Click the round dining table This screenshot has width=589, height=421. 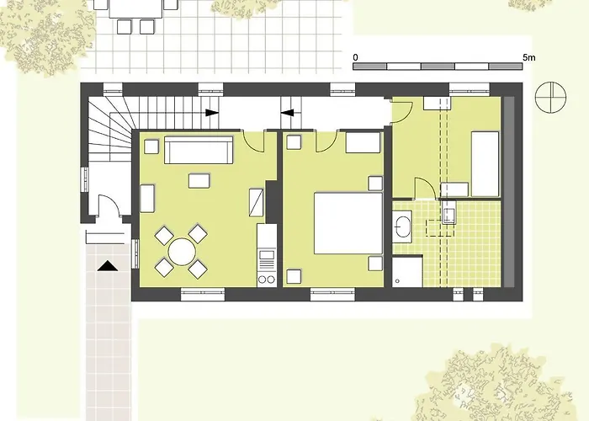click(181, 251)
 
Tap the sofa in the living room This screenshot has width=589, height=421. click(199, 151)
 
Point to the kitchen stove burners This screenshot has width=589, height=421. click(267, 275)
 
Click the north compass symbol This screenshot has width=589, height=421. click(549, 97)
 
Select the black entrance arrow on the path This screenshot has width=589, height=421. click(107, 266)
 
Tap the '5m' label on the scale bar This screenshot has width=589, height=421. click(528, 57)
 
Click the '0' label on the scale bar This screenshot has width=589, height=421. click(356, 57)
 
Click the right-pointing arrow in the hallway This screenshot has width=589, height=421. click(211, 112)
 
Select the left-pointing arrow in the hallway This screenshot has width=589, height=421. click(287, 112)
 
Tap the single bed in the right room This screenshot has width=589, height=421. click(485, 163)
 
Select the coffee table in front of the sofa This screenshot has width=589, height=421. click(199, 180)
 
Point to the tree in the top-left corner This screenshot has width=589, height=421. click(46, 34)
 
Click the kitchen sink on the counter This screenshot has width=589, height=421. click(267, 253)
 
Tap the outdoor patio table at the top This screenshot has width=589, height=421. click(135, 8)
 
